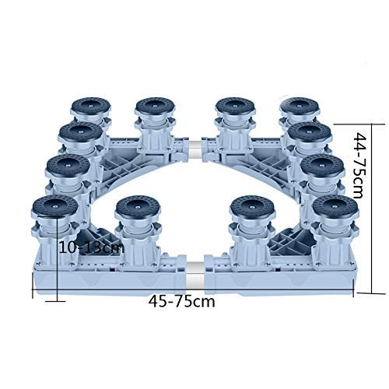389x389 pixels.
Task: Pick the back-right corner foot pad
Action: (x=300, y=107)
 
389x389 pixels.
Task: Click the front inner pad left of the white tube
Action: (x=138, y=209)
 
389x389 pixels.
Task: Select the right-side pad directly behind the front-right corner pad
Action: (x=322, y=166)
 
